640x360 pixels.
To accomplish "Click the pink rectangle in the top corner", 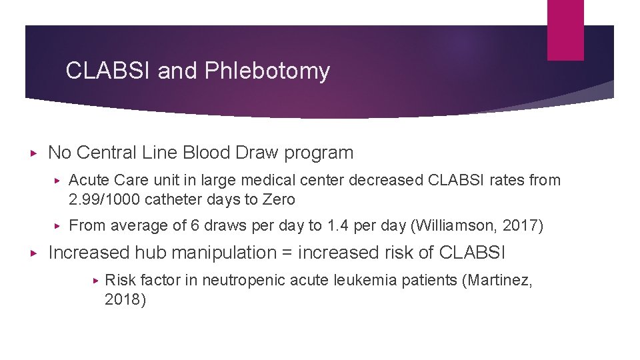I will coord(565,30).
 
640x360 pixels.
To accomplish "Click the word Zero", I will coord(279,199).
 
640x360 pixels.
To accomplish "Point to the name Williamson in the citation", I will coord(459,226).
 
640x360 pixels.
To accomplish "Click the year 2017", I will coord(524,226).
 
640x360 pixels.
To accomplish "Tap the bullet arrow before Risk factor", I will coord(95,281).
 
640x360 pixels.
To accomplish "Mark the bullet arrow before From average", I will coord(59,227).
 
